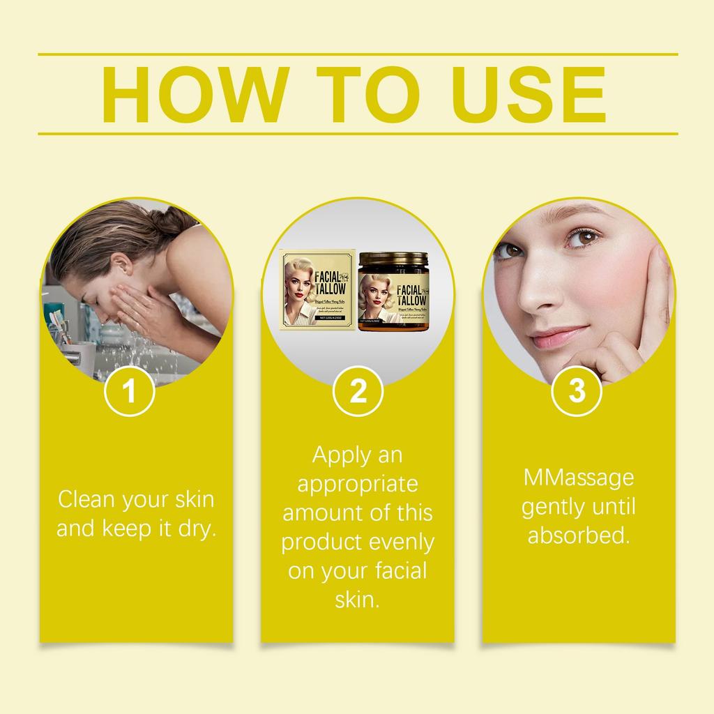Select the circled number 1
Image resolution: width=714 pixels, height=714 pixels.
pos(129,392)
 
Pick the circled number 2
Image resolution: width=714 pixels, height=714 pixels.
pos(358,392)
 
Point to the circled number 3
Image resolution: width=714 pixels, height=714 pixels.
pos(577,392)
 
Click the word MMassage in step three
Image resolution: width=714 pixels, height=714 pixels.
pos(578,479)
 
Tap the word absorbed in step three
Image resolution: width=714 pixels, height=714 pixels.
pos(578,536)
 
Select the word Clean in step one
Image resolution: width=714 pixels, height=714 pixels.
pos(86,499)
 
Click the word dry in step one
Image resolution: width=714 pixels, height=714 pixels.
pos(198,529)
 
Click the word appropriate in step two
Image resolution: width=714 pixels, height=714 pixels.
pos(358,484)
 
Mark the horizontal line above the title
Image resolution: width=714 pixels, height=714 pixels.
pos(357,54)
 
